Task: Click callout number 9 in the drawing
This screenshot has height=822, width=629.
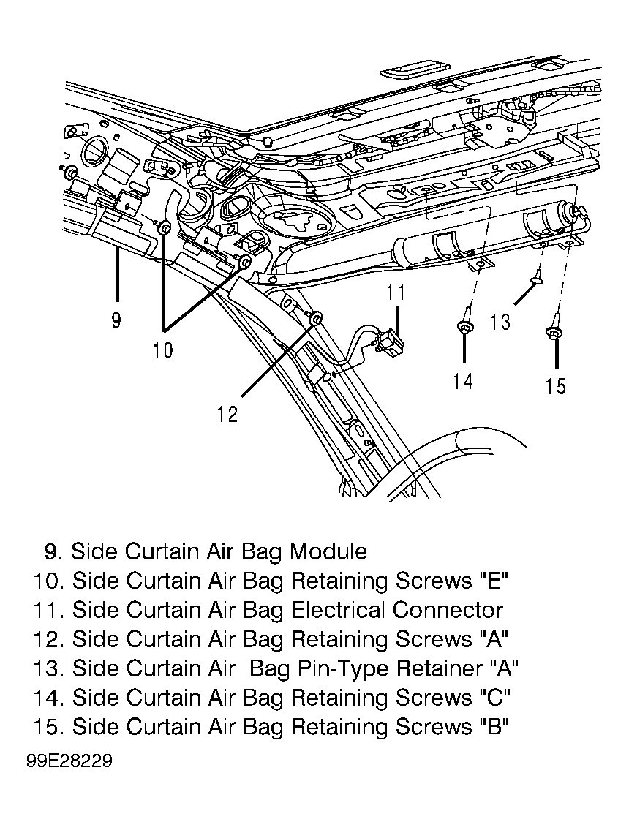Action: pos(116,320)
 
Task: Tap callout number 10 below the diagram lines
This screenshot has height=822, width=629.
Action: pos(162,349)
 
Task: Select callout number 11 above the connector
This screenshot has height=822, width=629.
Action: pos(396,292)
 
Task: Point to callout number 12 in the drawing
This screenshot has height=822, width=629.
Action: pos(228,414)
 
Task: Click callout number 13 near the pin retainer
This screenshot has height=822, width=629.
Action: pos(500,321)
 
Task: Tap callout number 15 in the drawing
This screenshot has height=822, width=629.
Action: pos(556,386)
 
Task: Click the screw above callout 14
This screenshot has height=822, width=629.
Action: pos(465,323)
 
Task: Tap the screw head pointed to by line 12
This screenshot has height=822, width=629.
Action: pos(316,318)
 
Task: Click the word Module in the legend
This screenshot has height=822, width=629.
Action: pos(328,551)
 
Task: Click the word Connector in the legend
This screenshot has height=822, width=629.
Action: pos(448,610)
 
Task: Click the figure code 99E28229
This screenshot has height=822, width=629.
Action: pos(69,761)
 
